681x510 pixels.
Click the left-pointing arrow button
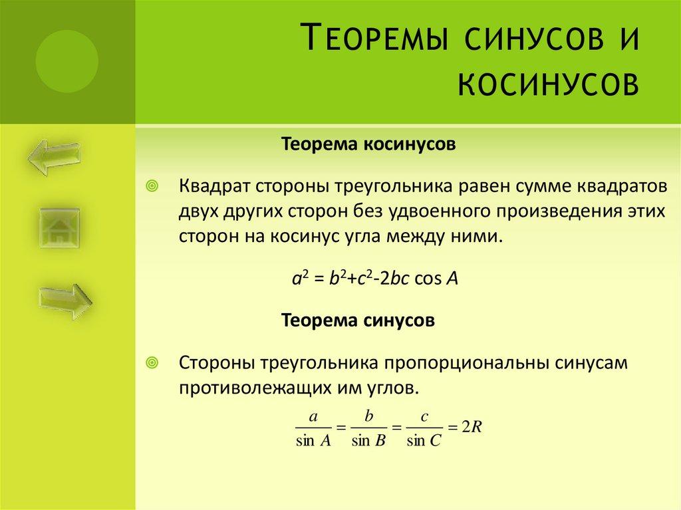(54, 154)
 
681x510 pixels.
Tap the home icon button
(61, 228)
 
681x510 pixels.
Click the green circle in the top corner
(67, 62)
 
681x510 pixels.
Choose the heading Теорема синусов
(359, 321)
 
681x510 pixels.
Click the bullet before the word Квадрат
(152, 186)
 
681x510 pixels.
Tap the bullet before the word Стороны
(152, 362)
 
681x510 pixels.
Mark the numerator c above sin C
(424, 416)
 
